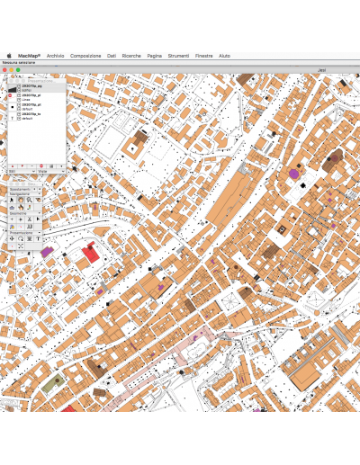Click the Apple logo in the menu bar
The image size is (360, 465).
click(x=9, y=55)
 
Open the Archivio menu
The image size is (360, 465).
click(x=56, y=55)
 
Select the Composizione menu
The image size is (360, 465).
click(x=85, y=55)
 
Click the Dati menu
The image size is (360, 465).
click(x=112, y=55)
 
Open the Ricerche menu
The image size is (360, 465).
click(x=131, y=55)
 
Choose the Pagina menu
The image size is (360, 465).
click(x=155, y=55)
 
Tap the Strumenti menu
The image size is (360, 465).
click(x=178, y=55)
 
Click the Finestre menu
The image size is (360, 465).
click(x=203, y=55)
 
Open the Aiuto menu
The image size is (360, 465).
click(x=224, y=55)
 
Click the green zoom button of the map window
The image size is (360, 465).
click(x=18, y=69)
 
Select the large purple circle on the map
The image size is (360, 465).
click(x=293, y=173)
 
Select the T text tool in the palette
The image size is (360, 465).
click(x=39, y=238)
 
